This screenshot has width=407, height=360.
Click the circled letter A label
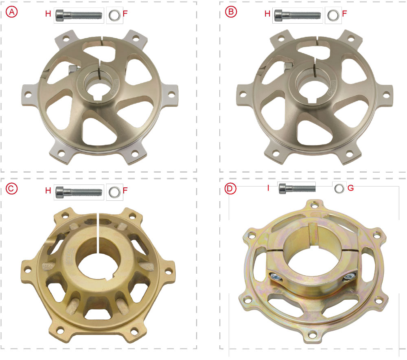click(12, 12)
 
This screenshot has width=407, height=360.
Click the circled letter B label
click(231, 12)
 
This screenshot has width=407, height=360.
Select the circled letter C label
click(11, 189)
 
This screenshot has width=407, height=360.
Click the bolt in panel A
click(79, 15)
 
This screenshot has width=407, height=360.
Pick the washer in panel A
click(114, 15)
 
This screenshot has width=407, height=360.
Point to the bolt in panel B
click(298, 15)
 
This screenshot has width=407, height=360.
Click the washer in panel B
click(333, 15)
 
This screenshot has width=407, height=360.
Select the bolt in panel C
click(79, 192)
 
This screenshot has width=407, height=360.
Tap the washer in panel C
click(114, 192)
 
